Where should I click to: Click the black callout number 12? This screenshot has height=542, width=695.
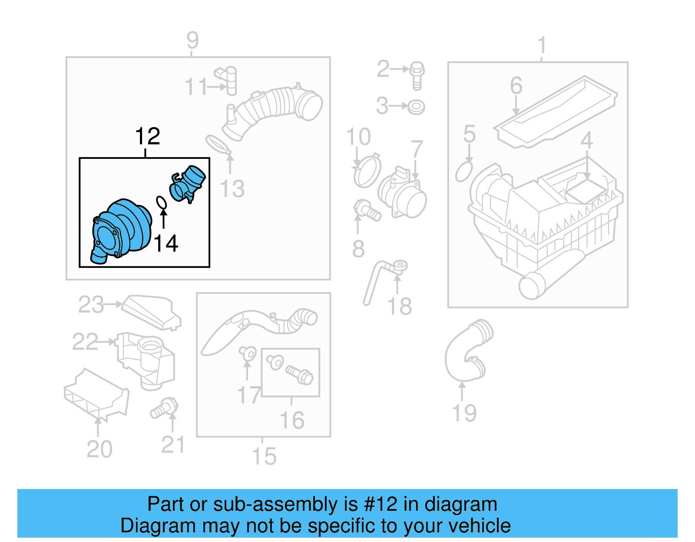148,137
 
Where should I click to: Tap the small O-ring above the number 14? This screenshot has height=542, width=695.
161,202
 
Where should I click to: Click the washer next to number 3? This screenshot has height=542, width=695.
417,107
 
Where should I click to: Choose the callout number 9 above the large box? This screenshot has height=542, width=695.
192,40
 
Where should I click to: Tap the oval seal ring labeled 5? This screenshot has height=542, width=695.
464,172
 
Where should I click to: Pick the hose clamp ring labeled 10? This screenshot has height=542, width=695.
367,172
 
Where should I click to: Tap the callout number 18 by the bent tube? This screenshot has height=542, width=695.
399,306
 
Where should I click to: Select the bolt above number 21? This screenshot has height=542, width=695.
165,407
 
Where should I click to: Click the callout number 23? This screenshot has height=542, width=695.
91,305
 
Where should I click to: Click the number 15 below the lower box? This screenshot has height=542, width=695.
264,457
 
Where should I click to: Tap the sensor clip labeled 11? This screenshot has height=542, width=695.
227,80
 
